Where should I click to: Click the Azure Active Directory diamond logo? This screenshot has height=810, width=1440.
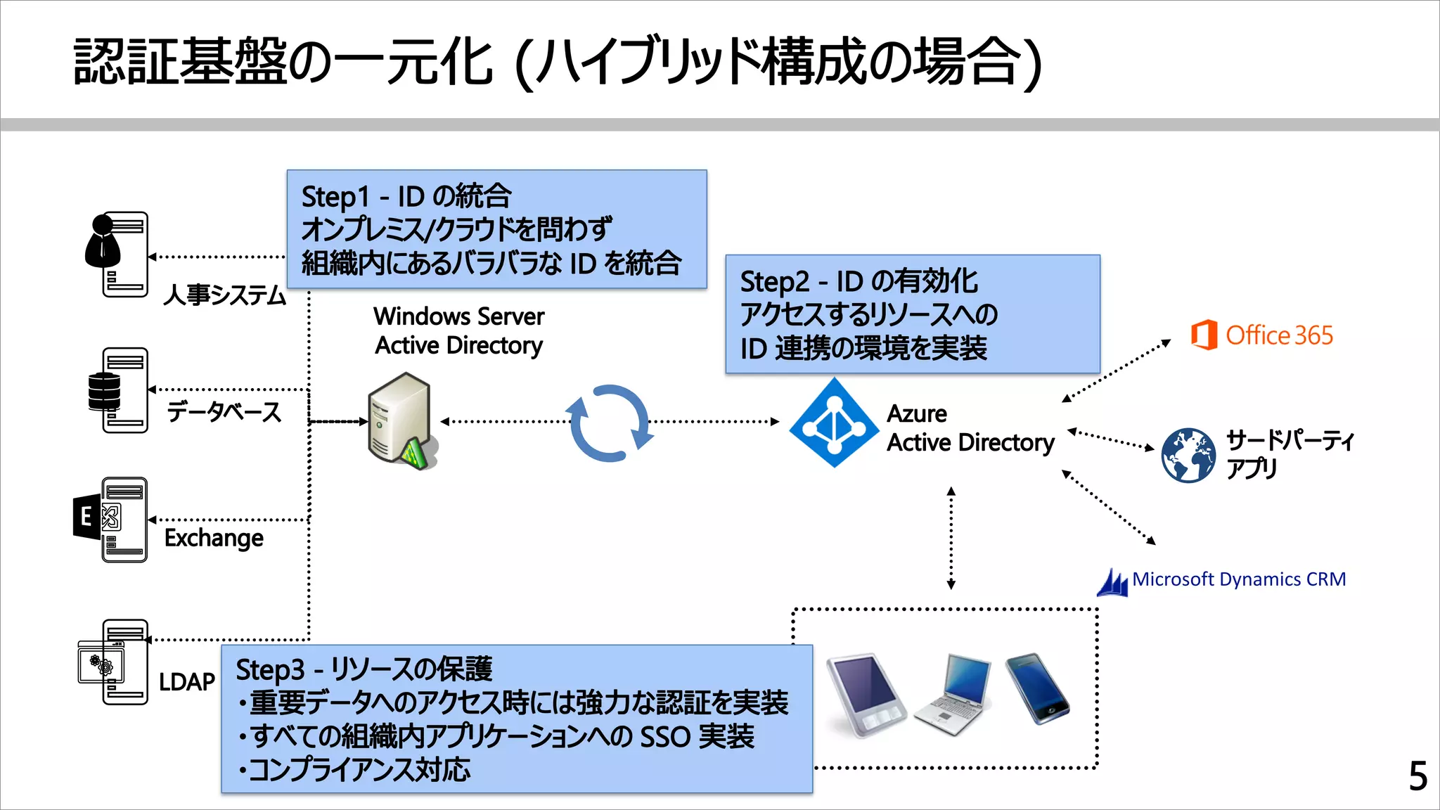point(834,423)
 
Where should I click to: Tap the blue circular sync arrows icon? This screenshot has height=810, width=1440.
point(609,423)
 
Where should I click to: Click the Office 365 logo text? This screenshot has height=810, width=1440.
point(1278,335)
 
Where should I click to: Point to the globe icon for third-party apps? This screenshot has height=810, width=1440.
point(1188,455)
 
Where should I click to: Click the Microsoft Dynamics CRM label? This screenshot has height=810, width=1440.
point(1238,579)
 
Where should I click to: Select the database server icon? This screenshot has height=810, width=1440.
point(118,390)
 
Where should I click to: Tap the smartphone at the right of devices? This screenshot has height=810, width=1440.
point(1036,688)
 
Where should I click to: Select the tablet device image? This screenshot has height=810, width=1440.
point(866,695)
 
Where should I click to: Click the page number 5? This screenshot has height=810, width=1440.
point(1417,776)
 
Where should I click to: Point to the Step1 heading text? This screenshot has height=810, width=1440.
point(406,196)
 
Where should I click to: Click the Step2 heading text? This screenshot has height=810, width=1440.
point(859,281)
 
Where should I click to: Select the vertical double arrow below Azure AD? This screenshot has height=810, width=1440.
point(951,538)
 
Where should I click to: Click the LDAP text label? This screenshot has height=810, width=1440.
point(186,681)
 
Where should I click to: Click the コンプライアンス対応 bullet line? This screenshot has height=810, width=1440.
point(354,770)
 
